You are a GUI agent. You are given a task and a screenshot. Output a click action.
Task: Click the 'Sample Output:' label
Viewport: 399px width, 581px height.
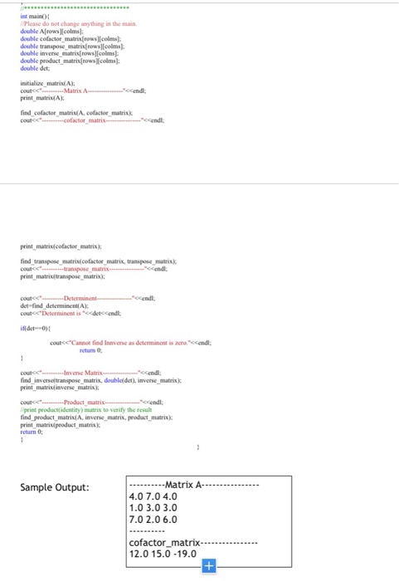point(56,487)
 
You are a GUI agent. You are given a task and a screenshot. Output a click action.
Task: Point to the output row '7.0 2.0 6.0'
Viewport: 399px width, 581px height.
point(153,518)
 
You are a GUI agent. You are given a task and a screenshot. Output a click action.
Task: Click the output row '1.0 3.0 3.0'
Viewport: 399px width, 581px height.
point(153,507)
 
